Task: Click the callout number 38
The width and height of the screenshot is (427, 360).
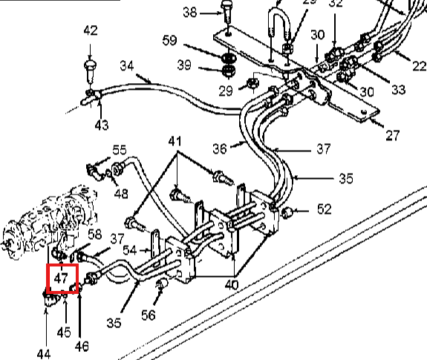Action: click(190, 13)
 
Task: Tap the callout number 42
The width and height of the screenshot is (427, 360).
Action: click(91, 30)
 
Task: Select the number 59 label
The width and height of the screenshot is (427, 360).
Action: click(169, 41)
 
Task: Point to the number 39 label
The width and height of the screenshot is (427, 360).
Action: click(184, 65)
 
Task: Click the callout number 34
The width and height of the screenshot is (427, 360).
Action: click(127, 66)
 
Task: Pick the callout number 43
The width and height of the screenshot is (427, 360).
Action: click(102, 125)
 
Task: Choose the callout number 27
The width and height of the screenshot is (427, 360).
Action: click(393, 136)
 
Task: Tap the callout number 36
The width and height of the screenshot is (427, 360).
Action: click(220, 149)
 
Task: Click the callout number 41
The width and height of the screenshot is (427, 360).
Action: click(175, 142)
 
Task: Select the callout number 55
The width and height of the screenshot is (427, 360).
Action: click(120, 150)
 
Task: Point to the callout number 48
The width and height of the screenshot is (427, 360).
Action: click(121, 194)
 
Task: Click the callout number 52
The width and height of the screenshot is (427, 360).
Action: click(325, 209)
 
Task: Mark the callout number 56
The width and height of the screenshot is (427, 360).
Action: click(149, 315)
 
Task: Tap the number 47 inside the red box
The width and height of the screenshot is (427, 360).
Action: click(61, 278)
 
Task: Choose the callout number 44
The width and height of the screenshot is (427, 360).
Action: click(44, 355)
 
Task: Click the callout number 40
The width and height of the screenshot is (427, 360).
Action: click(232, 285)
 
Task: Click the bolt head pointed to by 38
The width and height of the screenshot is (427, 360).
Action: click(226, 4)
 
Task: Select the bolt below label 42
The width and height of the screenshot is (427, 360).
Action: click(90, 71)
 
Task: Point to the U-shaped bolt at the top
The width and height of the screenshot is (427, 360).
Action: click(279, 36)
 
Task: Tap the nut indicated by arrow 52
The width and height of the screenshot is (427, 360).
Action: click(286, 212)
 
